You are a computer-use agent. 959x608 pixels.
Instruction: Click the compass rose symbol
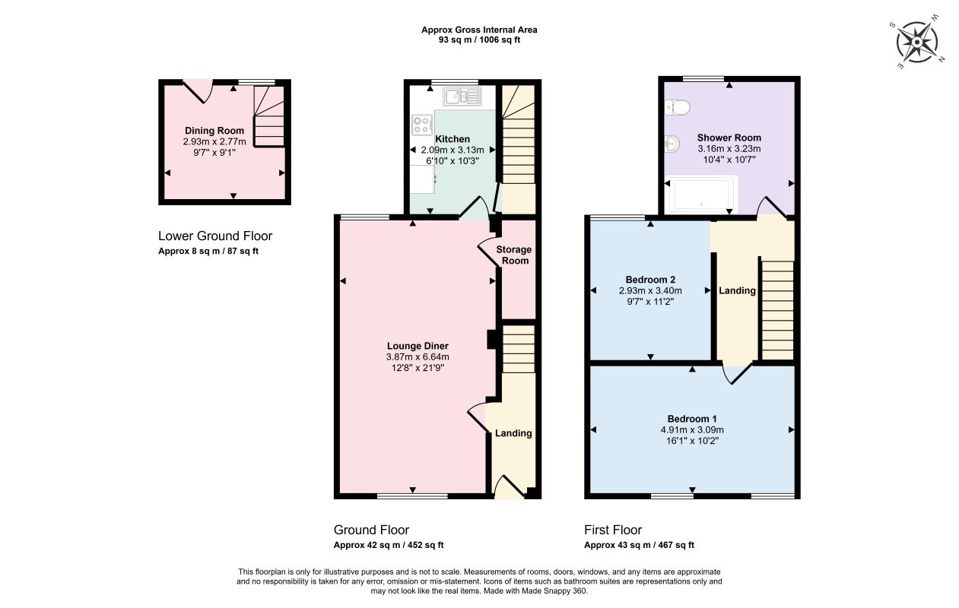point(916,43)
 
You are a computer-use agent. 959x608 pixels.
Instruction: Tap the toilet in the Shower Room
point(678,107)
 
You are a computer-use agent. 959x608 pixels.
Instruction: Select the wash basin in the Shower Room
point(672,144)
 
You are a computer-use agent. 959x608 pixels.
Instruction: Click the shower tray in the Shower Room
point(702,194)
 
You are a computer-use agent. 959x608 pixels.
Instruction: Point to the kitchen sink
point(462,97)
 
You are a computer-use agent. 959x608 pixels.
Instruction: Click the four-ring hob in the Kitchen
point(422,125)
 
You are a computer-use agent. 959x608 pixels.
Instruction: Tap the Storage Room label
point(514,255)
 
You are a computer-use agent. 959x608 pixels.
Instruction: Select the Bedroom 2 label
point(650,280)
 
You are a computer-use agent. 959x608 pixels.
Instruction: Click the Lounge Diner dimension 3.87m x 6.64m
point(418,357)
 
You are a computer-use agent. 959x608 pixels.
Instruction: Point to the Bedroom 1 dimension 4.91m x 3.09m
point(692,429)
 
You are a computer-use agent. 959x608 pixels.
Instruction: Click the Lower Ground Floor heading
point(215,236)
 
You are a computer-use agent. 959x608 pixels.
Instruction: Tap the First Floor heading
point(613,530)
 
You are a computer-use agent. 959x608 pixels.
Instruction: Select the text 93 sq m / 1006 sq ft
point(479,40)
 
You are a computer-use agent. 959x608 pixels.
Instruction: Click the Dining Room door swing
point(198,91)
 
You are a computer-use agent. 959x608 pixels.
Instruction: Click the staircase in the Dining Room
point(269,116)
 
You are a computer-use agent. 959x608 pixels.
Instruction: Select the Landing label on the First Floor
point(737,291)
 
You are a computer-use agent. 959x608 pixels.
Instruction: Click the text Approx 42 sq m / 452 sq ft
point(389,545)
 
